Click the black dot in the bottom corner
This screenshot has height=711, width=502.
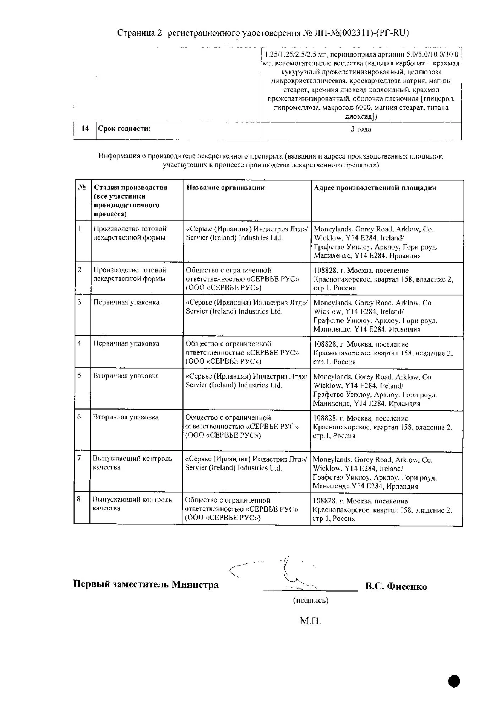pyautogui.click(x=454, y=681)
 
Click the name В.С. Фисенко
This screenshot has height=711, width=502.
pyautogui.click(x=396, y=586)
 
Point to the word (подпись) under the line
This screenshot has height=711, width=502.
pyautogui.click(x=311, y=600)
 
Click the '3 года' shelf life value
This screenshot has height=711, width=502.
pyautogui.click(x=361, y=129)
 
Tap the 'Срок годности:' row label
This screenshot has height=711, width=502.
pyautogui.click(x=124, y=129)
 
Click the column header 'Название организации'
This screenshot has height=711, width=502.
pyautogui.click(x=225, y=188)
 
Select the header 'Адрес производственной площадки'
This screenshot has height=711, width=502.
pyautogui.click(x=375, y=188)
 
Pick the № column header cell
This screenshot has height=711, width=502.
pyautogui.click(x=82, y=187)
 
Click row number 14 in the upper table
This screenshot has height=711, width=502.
pyautogui.click(x=85, y=129)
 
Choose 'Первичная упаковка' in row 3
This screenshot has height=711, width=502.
pyautogui.click(x=126, y=302)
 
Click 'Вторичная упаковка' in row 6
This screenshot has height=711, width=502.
pyautogui.click(x=126, y=417)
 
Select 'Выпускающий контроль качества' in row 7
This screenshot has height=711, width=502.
pyautogui.click(x=132, y=463)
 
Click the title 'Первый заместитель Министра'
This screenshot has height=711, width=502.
pyautogui.click(x=146, y=584)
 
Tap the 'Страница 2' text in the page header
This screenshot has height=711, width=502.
pyautogui.click(x=140, y=33)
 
